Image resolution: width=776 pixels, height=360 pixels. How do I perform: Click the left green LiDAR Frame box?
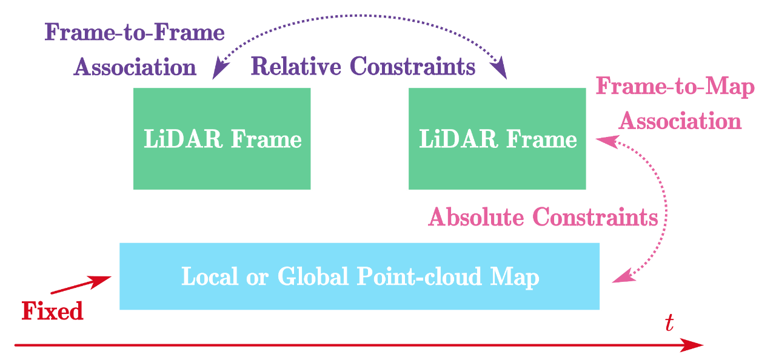tap(222, 138)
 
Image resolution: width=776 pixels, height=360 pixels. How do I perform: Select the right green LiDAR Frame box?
tap(497, 138)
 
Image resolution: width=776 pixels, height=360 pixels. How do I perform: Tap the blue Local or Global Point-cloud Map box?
tap(360, 276)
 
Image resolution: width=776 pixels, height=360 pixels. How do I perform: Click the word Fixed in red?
tap(52, 312)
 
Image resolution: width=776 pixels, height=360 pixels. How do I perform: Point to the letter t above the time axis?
tap(669, 324)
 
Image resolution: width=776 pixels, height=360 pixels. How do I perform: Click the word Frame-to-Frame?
tap(135, 33)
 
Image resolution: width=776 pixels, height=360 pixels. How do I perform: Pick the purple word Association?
tap(135, 67)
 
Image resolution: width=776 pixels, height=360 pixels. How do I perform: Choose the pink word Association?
tap(680, 122)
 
